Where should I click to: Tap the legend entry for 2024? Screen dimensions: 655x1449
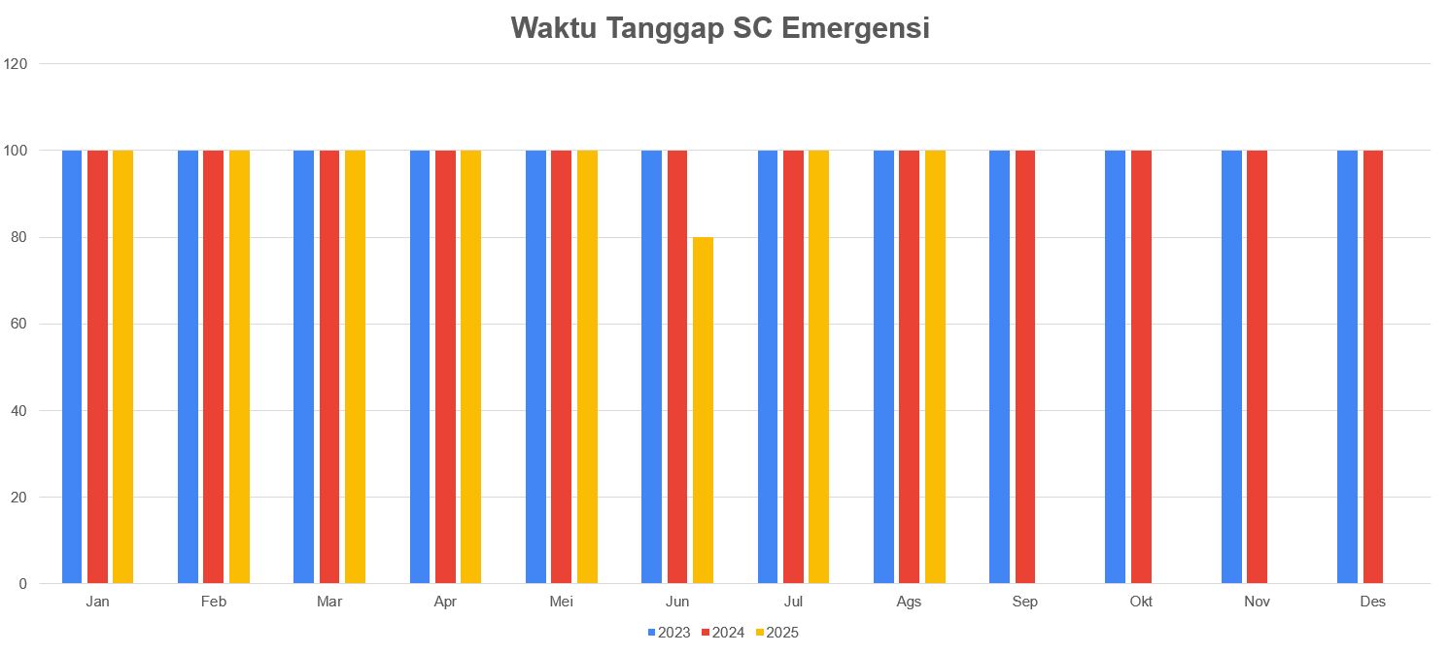click(723, 633)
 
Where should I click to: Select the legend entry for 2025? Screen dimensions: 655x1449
click(777, 633)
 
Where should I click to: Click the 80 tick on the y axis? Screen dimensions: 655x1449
click(19, 237)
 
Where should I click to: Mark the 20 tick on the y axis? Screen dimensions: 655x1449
click(19, 498)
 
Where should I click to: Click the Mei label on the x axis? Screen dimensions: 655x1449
click(561, 602)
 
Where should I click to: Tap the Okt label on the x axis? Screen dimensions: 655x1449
click(1141, 602)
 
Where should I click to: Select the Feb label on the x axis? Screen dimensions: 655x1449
click(214, 602)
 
